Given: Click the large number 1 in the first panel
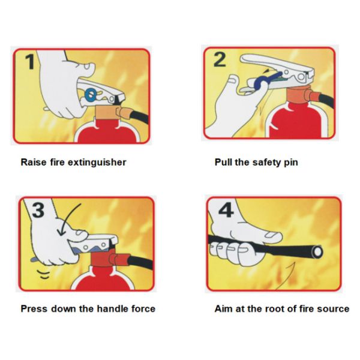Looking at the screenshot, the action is [31, 61].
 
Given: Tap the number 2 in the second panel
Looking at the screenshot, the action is [220, 59].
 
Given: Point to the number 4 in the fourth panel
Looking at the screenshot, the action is [226, 210].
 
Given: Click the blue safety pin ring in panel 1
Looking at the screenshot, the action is [90, 94].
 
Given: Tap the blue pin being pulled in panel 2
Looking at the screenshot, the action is [266, 80].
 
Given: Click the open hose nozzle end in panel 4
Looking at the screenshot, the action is [317, 252].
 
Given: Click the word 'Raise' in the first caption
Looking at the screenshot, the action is [34, 163].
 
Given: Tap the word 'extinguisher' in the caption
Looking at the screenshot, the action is [97, 163].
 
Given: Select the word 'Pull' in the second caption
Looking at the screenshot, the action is [223, 163].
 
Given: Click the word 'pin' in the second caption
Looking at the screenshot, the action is [291, 163].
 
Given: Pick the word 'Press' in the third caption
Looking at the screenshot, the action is [34, 308].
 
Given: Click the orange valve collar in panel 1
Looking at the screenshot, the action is [106, 113].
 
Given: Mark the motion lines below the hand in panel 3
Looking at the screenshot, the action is [44, 274].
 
